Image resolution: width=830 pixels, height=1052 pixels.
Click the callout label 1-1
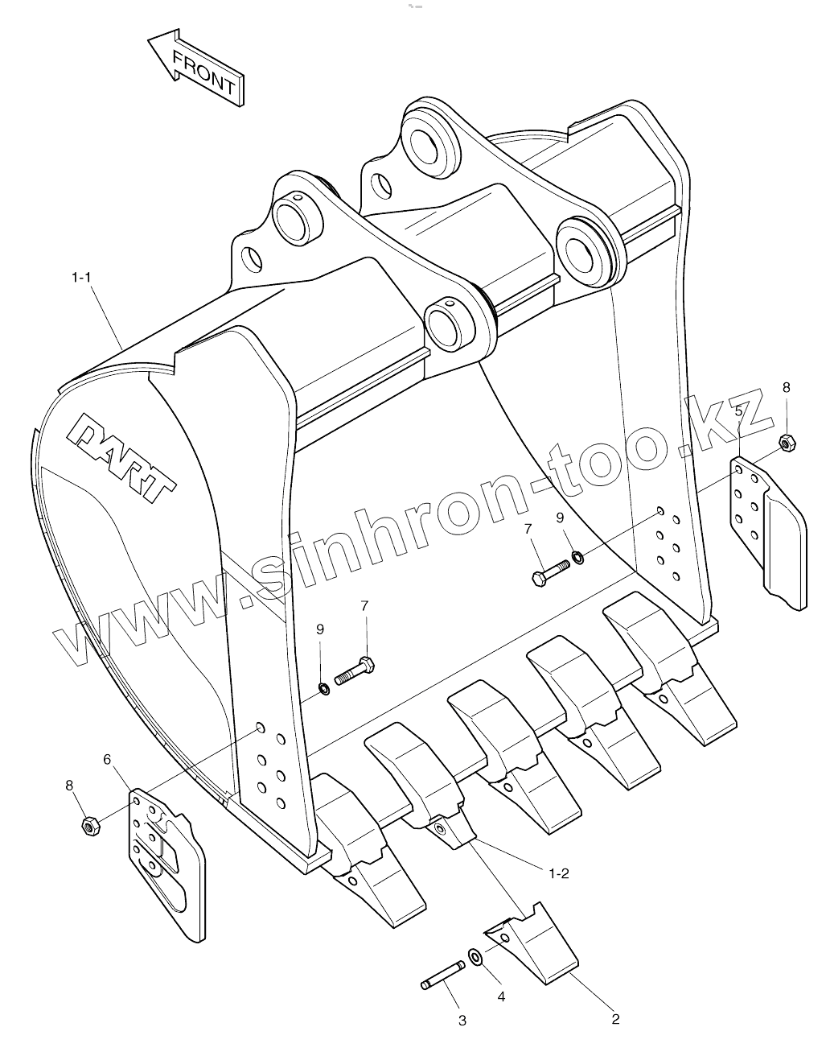click(82, 277)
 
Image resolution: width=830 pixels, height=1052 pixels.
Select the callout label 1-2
click(559, 873)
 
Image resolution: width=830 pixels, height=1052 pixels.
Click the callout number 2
click(615, 1019)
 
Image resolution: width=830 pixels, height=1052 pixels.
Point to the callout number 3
click(462, 1021)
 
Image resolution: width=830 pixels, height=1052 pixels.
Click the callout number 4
click(501, 996)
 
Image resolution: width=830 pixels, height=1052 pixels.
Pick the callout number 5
click(738, 410)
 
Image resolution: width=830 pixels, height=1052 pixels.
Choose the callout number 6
click(107, 759)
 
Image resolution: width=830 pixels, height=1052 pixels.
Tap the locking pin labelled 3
click(443, 973)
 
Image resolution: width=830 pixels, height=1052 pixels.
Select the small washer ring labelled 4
click(475, 956)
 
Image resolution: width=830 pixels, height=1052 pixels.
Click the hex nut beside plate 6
click(90, 826)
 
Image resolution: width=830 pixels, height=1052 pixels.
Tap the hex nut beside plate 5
click(787, 441)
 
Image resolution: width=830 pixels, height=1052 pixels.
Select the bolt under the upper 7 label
click(550, 571)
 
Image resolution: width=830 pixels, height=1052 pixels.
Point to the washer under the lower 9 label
click(323, 688)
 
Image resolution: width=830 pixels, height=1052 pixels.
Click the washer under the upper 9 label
click(577, 555)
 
